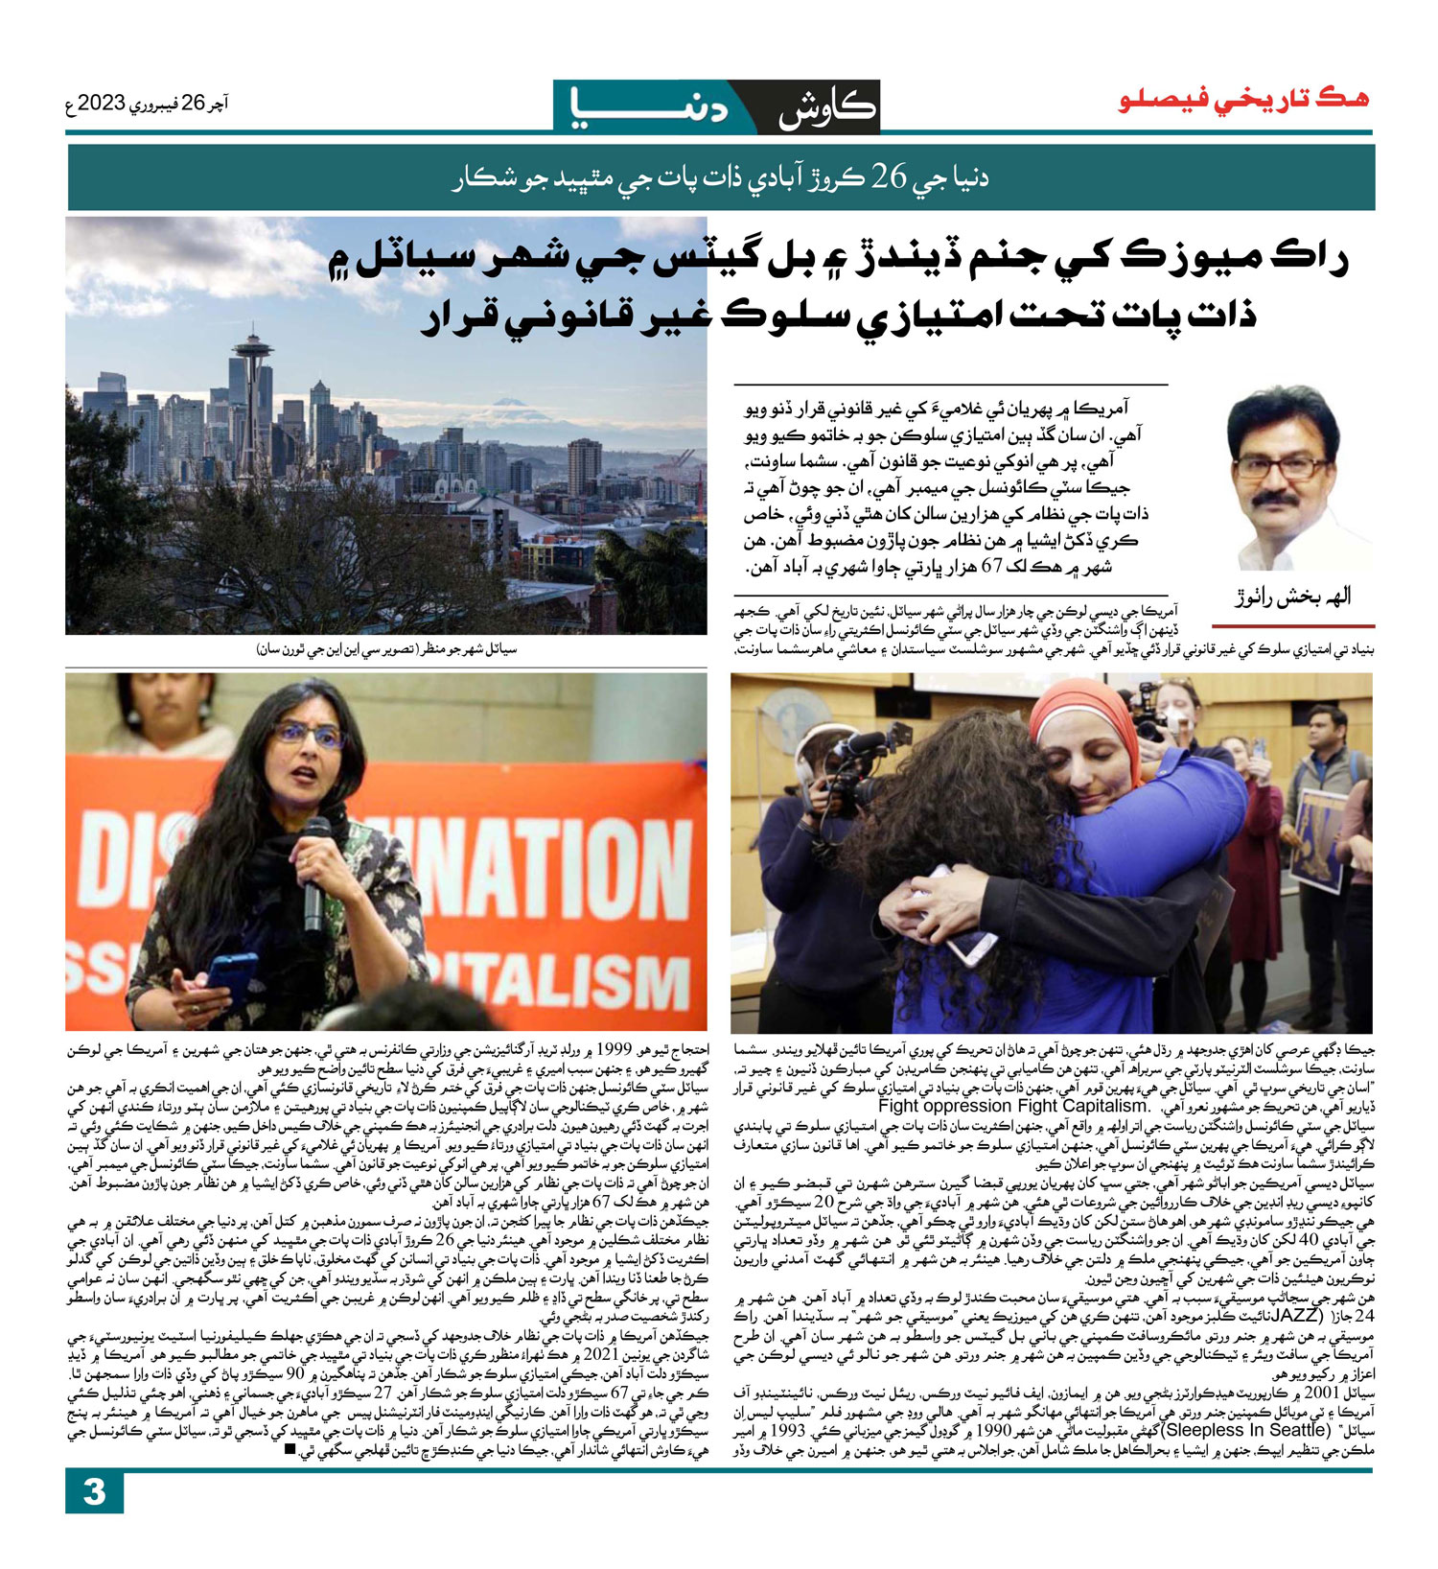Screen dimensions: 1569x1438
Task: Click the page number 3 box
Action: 94,1492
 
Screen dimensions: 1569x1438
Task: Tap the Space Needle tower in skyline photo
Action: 252,384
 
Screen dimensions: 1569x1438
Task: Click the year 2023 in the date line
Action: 103,104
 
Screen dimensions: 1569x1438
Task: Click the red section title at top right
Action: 1243,100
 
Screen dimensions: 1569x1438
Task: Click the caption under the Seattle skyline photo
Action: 386,649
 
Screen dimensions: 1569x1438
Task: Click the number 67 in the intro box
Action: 992,567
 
